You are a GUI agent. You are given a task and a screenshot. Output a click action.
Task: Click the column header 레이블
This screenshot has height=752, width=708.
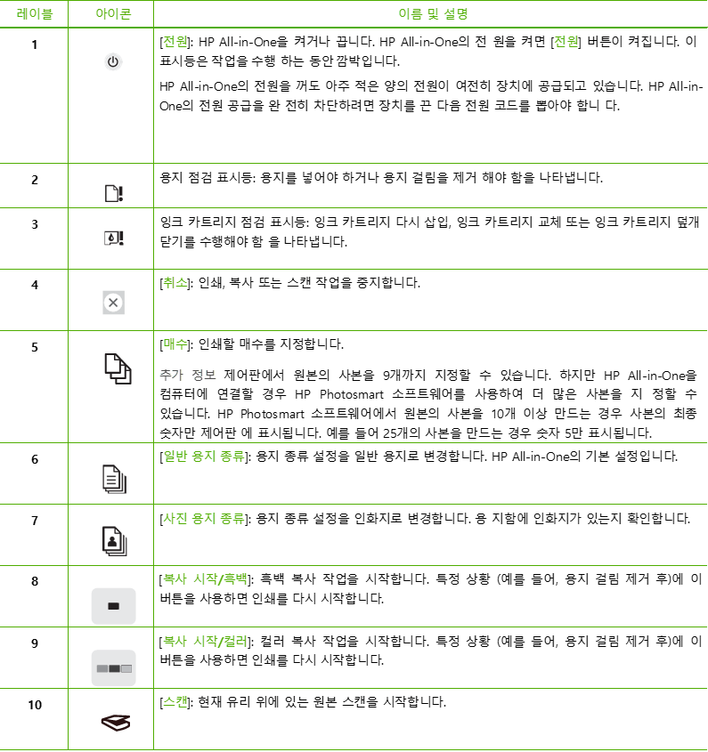click(x=34, y=14)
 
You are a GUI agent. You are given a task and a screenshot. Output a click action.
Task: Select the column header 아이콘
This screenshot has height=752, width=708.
click(x=113, y=14)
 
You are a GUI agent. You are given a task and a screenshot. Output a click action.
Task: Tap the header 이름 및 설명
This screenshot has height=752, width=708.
click(x=433, y=14)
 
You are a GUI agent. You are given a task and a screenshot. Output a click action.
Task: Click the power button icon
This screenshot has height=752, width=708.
click(x=113, y=62)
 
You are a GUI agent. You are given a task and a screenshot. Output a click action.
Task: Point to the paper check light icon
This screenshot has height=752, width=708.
click(x=114, y=193)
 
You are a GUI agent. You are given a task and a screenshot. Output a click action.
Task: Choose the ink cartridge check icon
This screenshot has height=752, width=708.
click(x=114, y=238)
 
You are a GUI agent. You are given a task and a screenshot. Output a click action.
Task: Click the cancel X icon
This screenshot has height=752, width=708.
click(x=114, y=303)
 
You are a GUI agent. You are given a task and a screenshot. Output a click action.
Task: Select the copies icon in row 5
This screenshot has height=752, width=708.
click(x=118, y=368)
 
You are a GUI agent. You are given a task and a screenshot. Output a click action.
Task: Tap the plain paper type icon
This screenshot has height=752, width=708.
click(x=114, y=479)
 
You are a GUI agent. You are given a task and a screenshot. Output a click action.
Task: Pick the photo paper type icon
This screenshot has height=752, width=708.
click(x=114, y=541)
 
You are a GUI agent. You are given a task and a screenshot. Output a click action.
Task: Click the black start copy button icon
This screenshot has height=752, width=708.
click(x=114, y=606)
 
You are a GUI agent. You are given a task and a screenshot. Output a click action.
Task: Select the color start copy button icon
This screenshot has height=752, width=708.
click(x=114, y=668)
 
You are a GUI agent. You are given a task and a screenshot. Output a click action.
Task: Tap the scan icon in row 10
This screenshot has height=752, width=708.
click(x=116, y=723)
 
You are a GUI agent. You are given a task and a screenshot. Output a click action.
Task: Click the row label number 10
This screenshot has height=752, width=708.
click(x=35, y=705)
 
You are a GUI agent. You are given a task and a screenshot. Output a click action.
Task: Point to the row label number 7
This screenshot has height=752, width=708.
click(x=35, y=521)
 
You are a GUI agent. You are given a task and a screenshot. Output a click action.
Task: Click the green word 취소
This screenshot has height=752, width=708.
click(x=175, y=283)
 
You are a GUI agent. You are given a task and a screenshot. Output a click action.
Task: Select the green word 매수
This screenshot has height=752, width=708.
click(x=175, y=344)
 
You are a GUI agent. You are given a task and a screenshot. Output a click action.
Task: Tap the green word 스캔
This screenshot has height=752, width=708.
click(x=175, y=702)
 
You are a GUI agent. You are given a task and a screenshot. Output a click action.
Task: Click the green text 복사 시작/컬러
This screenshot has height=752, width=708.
click(x=205, y=642)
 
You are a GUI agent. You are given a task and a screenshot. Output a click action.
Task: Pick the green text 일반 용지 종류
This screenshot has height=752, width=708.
click(x=204, y=456)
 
